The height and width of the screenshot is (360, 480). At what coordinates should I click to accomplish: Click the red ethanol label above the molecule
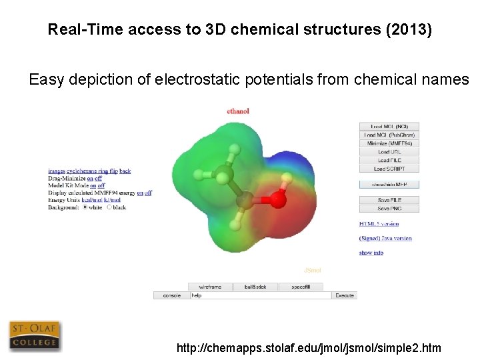point(238,111)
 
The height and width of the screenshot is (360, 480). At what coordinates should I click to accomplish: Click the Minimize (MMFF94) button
point(389,143)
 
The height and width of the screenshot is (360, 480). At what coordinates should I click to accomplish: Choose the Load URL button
point(389,152)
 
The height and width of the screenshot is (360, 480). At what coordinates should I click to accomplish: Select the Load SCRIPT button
point(389,169)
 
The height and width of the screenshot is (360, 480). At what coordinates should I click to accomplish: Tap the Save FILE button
point(389,200)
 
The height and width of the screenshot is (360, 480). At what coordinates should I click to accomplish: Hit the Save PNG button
point(389,209)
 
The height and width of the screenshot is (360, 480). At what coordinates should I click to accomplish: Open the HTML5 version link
point(379,224)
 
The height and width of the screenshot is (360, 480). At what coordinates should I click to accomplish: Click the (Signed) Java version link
point(385,238)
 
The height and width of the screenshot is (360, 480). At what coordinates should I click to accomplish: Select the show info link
point(371,253)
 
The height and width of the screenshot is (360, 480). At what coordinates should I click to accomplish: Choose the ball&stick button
point(255,287)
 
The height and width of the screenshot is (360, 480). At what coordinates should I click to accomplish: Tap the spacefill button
point(301,287)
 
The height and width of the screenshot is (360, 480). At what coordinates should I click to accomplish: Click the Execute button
point(345,295)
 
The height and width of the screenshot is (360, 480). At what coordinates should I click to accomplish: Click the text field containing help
point(260,295)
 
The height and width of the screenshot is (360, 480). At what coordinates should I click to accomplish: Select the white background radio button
point(85,207)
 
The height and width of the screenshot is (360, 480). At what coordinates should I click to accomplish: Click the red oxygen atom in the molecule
point(279,199)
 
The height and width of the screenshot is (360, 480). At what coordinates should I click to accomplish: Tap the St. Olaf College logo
point(34,336)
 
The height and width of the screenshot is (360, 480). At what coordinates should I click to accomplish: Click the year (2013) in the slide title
point(407,30)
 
